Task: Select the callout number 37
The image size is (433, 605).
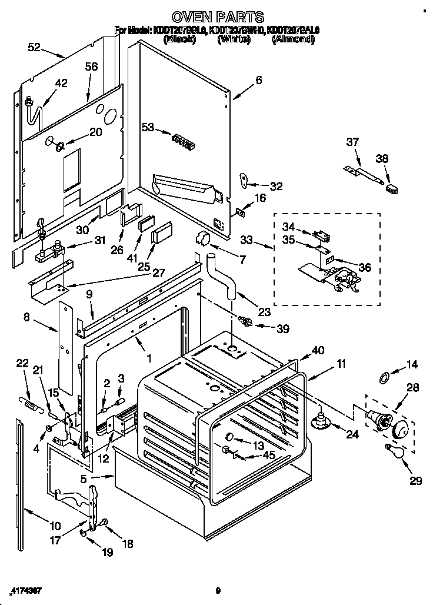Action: [352, 142]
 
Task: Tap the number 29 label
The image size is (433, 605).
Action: [416, 481]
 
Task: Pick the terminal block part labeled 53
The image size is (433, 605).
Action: [182, 139]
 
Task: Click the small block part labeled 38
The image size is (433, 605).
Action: [391, 188]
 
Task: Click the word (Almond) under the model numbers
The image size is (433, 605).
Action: [292, 40]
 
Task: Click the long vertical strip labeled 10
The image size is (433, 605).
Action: [21, 471]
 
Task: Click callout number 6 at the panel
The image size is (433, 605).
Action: [258, 80]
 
